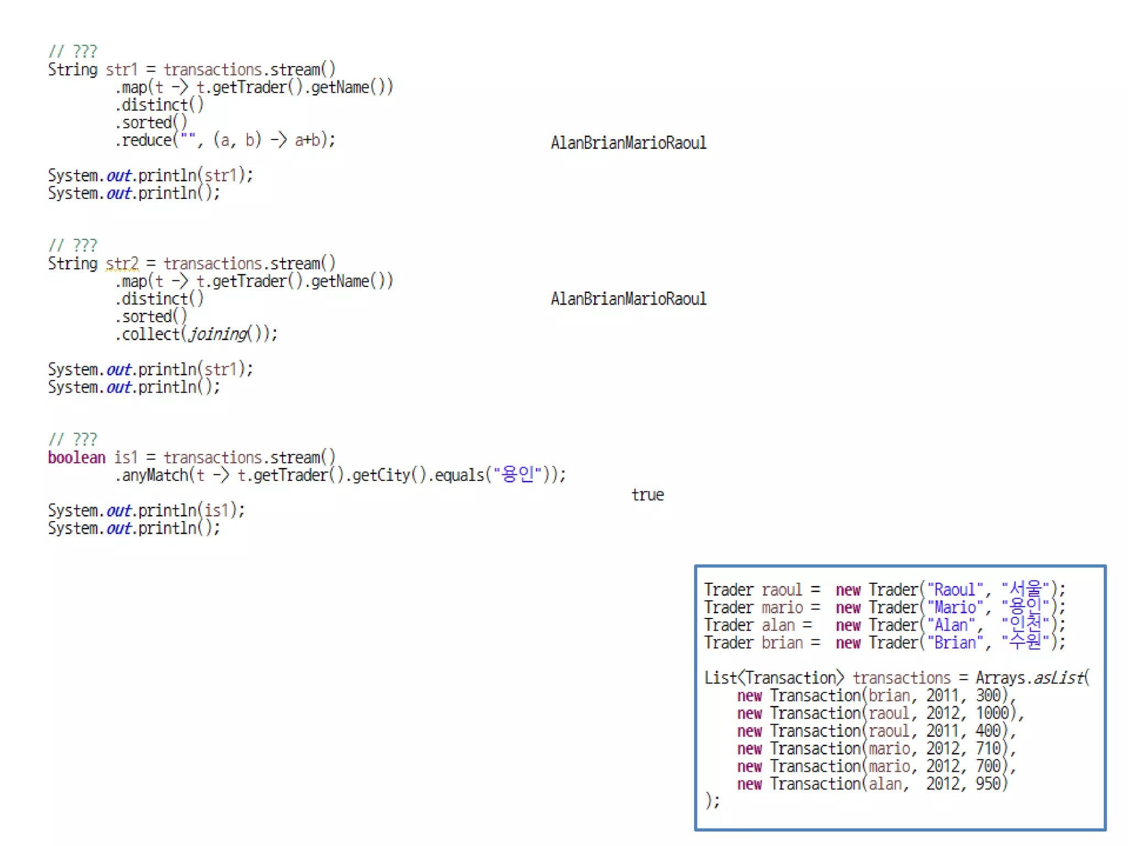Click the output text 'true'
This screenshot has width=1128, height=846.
(647, 495)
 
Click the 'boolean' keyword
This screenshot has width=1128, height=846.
(76, 458)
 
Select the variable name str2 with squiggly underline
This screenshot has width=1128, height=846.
(122, 264)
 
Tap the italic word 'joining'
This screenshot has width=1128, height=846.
(218, 334)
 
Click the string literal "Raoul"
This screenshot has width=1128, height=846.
(955, 590)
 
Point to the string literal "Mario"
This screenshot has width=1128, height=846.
(955, 608)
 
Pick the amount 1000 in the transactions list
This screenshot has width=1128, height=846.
(992, 713)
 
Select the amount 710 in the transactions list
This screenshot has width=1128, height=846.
(988, 749)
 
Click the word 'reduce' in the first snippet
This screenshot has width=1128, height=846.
(147, 140)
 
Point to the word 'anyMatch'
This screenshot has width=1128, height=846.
(155, 475)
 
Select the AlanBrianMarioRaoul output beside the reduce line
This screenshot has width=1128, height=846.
(628, 143)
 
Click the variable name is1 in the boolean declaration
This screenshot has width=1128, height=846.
(125, 458)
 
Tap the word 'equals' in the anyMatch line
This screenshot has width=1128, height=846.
(459, 475)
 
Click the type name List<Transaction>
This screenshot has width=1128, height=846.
(773, 678)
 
